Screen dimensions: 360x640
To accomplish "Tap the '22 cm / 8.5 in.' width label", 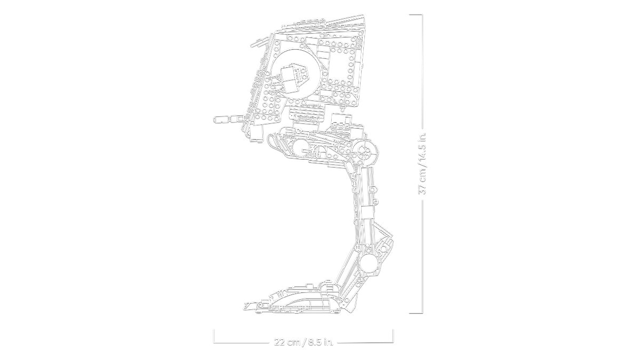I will [302, 342].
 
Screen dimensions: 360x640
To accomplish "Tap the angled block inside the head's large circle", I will [293, 75].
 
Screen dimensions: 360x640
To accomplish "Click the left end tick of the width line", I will [214, 336].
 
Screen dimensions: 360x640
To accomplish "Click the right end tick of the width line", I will [393, 336].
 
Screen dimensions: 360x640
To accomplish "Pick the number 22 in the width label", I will [279, 342].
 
